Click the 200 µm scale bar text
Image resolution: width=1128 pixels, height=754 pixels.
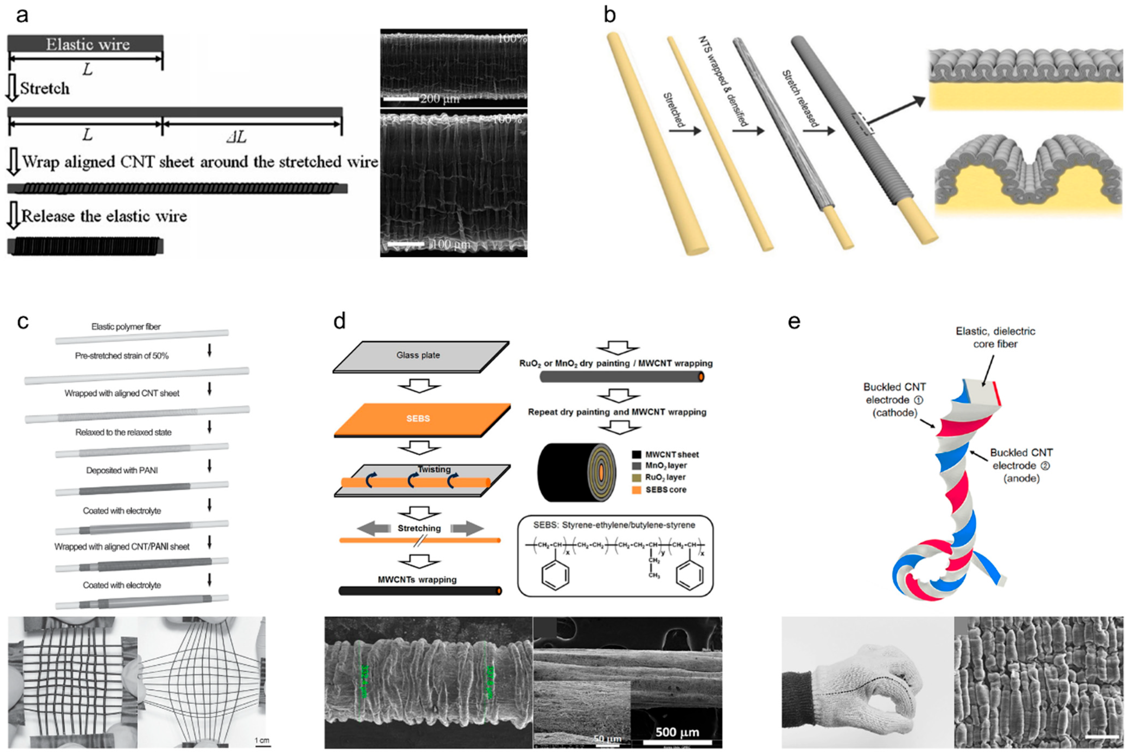click(440, 99)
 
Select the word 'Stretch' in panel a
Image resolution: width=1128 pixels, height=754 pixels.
click(45, 88)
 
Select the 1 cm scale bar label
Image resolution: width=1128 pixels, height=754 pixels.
click(262, 740)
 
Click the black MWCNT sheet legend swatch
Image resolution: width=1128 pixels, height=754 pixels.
click(636, 454)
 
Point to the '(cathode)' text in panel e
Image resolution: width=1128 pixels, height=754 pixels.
click(894, 413)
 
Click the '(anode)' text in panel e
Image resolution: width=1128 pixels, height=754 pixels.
click(1021, 478)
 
